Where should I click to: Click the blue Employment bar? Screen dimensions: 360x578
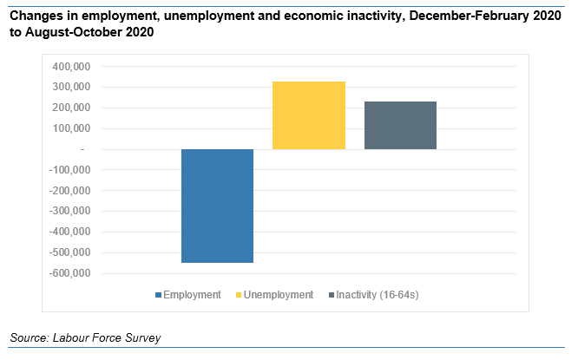(217, 206)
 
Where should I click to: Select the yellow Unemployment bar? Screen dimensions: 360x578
(309, 115)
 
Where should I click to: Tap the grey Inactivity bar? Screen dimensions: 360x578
(400, 125)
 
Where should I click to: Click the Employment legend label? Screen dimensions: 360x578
(192, 295)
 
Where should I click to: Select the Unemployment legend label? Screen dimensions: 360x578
(278, 295)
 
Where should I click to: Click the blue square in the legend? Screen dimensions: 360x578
(158, 296)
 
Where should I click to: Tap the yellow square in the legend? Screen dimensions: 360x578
(238, 296)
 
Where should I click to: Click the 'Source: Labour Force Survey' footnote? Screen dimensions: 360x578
(86, 337)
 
